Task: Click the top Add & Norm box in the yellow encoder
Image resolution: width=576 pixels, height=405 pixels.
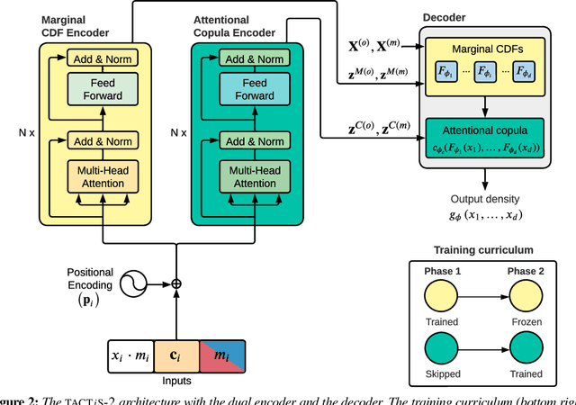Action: pos(103,58)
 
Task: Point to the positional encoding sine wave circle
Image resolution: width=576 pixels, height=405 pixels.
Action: pos(135,282)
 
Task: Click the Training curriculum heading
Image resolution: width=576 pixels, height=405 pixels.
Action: pos(483,249)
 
